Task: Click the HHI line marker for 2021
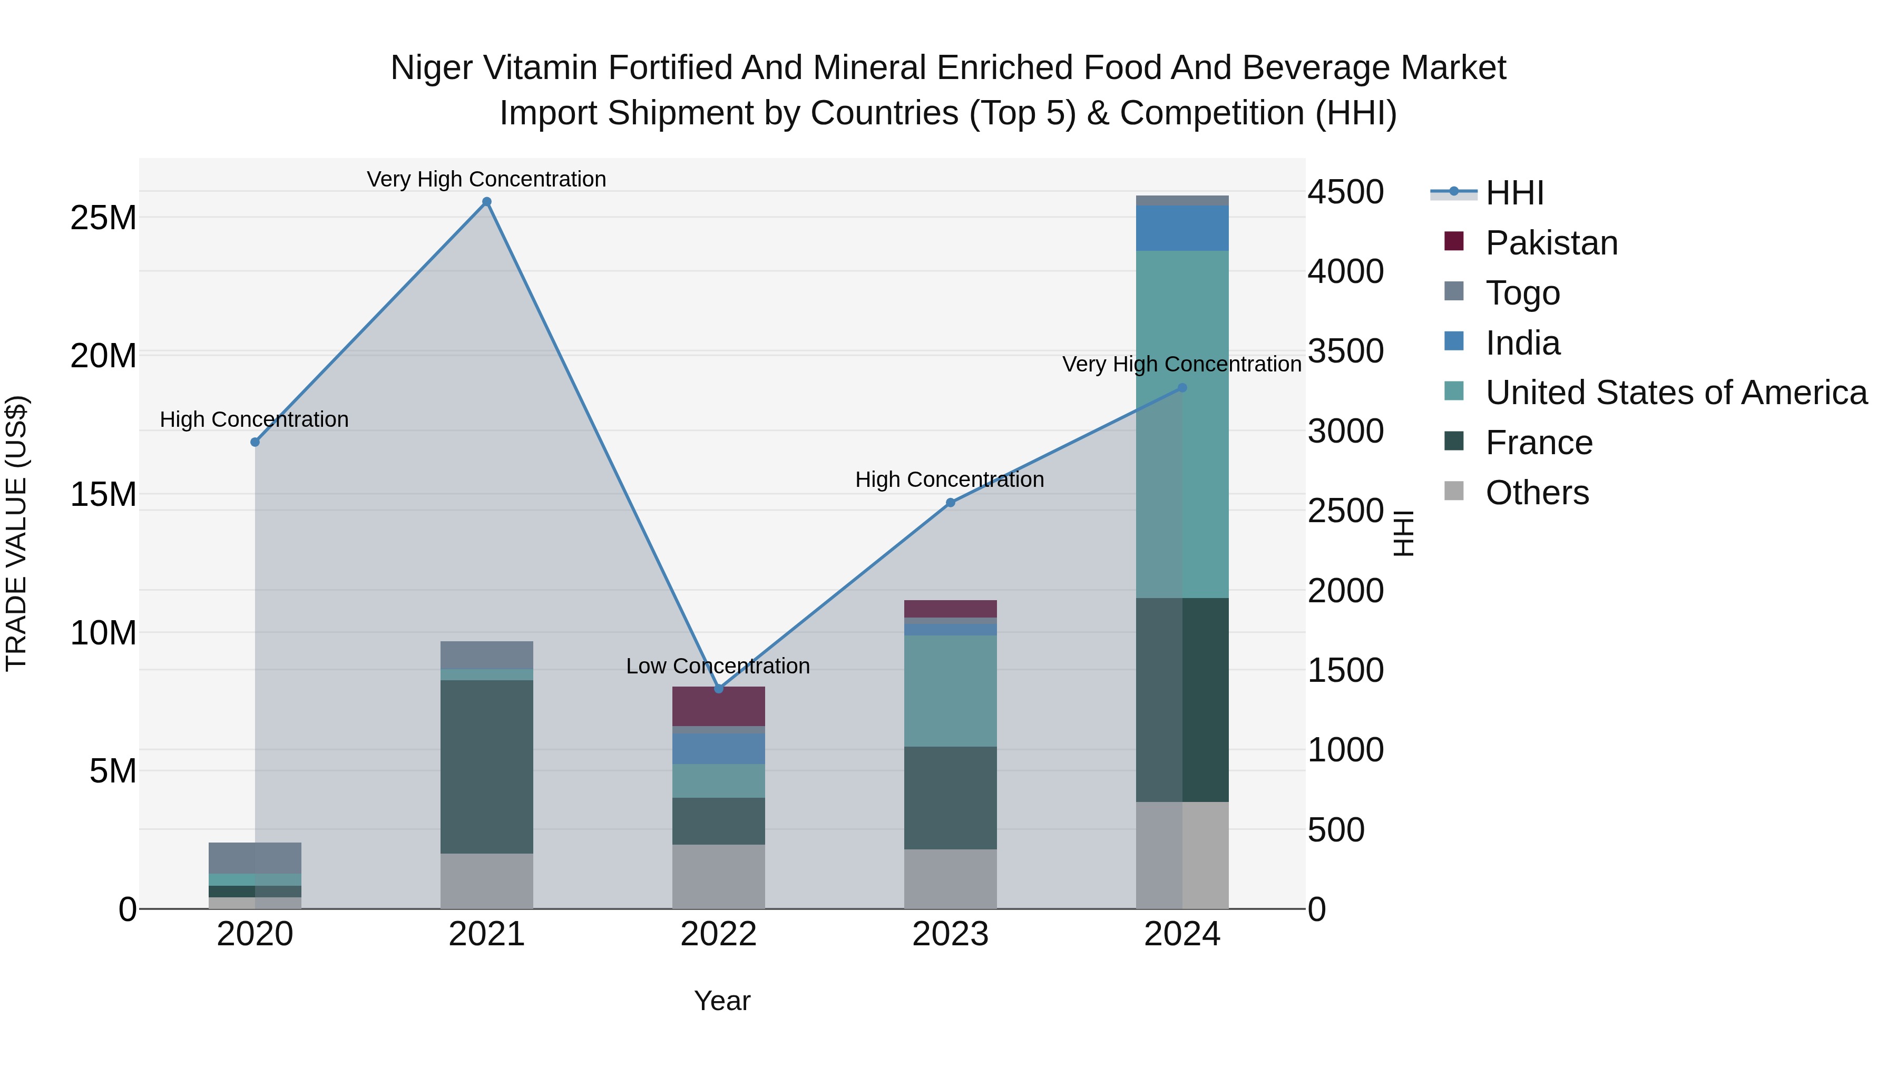pyautogui.click(x=487, y=202)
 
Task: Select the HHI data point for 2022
pyautogui.click(x=719, y=689)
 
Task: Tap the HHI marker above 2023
pyautogui.click(x=950, y=503)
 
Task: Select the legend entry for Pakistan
pyautogui.click(x=1551, y=243)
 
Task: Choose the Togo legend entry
pyautogui.click(x=1522, y=293)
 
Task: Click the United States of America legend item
pyautogui.click(x=1675, y=393)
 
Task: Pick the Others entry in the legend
pyautogui.click(x=1537, y=493)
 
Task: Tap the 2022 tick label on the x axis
pyautogui.click(x=718, y=934)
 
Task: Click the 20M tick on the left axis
pyautogui.click(x=103, y=356)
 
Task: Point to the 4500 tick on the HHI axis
pyautogui.click(x=1345, y=192)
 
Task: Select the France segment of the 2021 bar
pyautogui.click(x=487, y=766)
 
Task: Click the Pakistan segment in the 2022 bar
pyautogui.click(x=718, y=706)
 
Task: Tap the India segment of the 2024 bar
pyautogui.click(x=1182, y=228)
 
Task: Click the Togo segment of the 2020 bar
pyautogui.click(x=255, y=857)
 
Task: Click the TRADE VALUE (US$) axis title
pyautogui.click(x=16, y=533)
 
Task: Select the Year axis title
pyautogui.click(x=722, y=1001)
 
